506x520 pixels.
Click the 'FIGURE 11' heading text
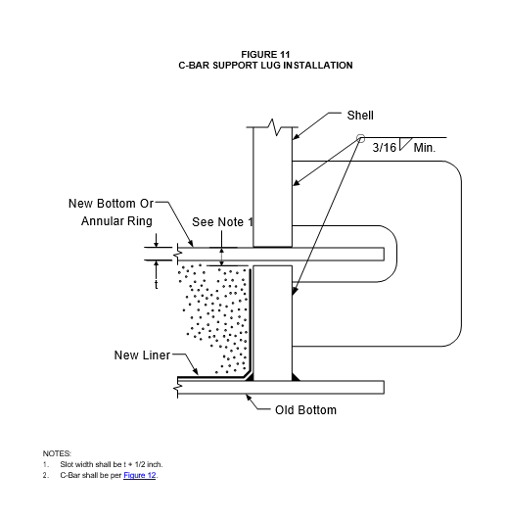coord(265,55)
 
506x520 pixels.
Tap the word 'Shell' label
coord(360,116)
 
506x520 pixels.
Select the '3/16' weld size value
coord(384,147)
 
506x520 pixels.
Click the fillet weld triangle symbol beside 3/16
coord(404,144)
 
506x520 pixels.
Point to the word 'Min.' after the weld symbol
coord(425,148)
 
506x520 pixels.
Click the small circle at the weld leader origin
coord(360,138)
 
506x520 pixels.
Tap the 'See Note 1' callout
coord(222,222)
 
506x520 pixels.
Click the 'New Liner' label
coord(142,355)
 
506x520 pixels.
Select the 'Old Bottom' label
coord(305,410)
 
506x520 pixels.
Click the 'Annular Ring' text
coord(116,221)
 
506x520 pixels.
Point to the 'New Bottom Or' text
coord(111,204)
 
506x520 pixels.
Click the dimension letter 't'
coord(156,285)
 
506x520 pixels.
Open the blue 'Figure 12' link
coord(140,475)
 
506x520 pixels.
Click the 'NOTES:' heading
coord(57,453)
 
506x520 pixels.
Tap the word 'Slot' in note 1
coord(66,464)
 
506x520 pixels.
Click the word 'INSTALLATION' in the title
coord(318,66)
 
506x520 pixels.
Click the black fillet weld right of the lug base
coord(296,377)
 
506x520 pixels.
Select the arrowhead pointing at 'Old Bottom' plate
coord(249,397)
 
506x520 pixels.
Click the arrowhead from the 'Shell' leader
coord(296,136)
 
